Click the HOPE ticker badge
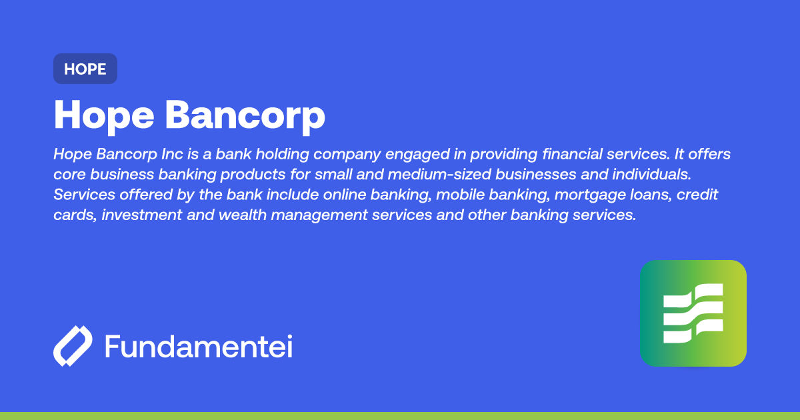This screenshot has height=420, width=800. click(x=85, y=69)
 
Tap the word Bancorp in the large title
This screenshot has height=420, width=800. click(x=245, y=115)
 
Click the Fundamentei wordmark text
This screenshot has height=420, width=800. click(x=198, y=347)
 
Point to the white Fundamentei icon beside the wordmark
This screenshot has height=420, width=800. click(x=73, y=346)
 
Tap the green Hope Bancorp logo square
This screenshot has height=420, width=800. click(x=693, y=313)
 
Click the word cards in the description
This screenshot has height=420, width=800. click(x=74, y=216)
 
